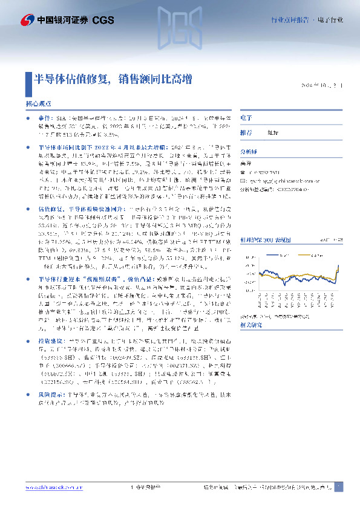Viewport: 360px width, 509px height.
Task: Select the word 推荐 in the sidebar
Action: point(246,132)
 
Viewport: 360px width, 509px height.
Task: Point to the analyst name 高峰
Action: point(246,163)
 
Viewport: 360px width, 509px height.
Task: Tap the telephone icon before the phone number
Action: point(243,172)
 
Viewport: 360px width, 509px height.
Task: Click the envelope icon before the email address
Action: point(243,180)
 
